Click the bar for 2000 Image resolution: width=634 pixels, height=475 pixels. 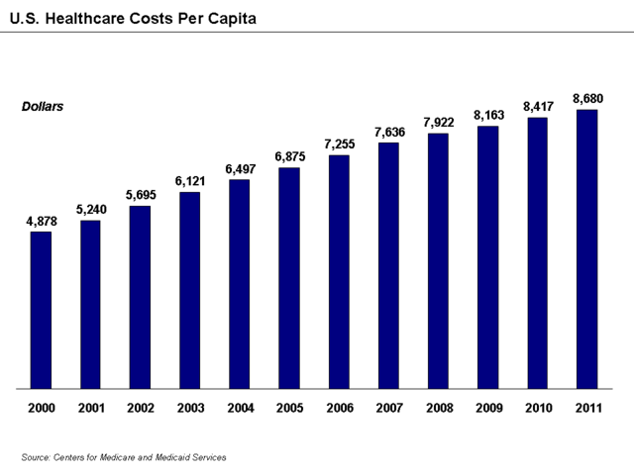tap(41, 310)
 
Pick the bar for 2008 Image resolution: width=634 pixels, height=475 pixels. tap(438, 260)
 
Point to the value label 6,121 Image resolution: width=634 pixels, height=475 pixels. tap(189, 181)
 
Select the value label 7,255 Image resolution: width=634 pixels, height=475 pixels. tap(338, 144)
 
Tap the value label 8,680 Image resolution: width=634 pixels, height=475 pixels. tap(586, 98)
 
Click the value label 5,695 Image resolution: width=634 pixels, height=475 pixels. tap(140, 195)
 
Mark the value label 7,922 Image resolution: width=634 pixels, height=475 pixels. tap(438, 123)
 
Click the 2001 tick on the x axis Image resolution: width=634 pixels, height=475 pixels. tap(90, 407)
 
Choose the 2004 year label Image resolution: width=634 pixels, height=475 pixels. tap(239, 407)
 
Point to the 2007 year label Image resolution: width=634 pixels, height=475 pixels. tap(388, 407)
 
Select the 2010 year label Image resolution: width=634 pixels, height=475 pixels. tap(537, 407)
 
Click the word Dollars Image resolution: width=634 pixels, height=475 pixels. tap(43, 106)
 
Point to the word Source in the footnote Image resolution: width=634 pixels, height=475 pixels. tap(35, 456)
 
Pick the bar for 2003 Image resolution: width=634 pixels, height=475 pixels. tap(189, 290)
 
